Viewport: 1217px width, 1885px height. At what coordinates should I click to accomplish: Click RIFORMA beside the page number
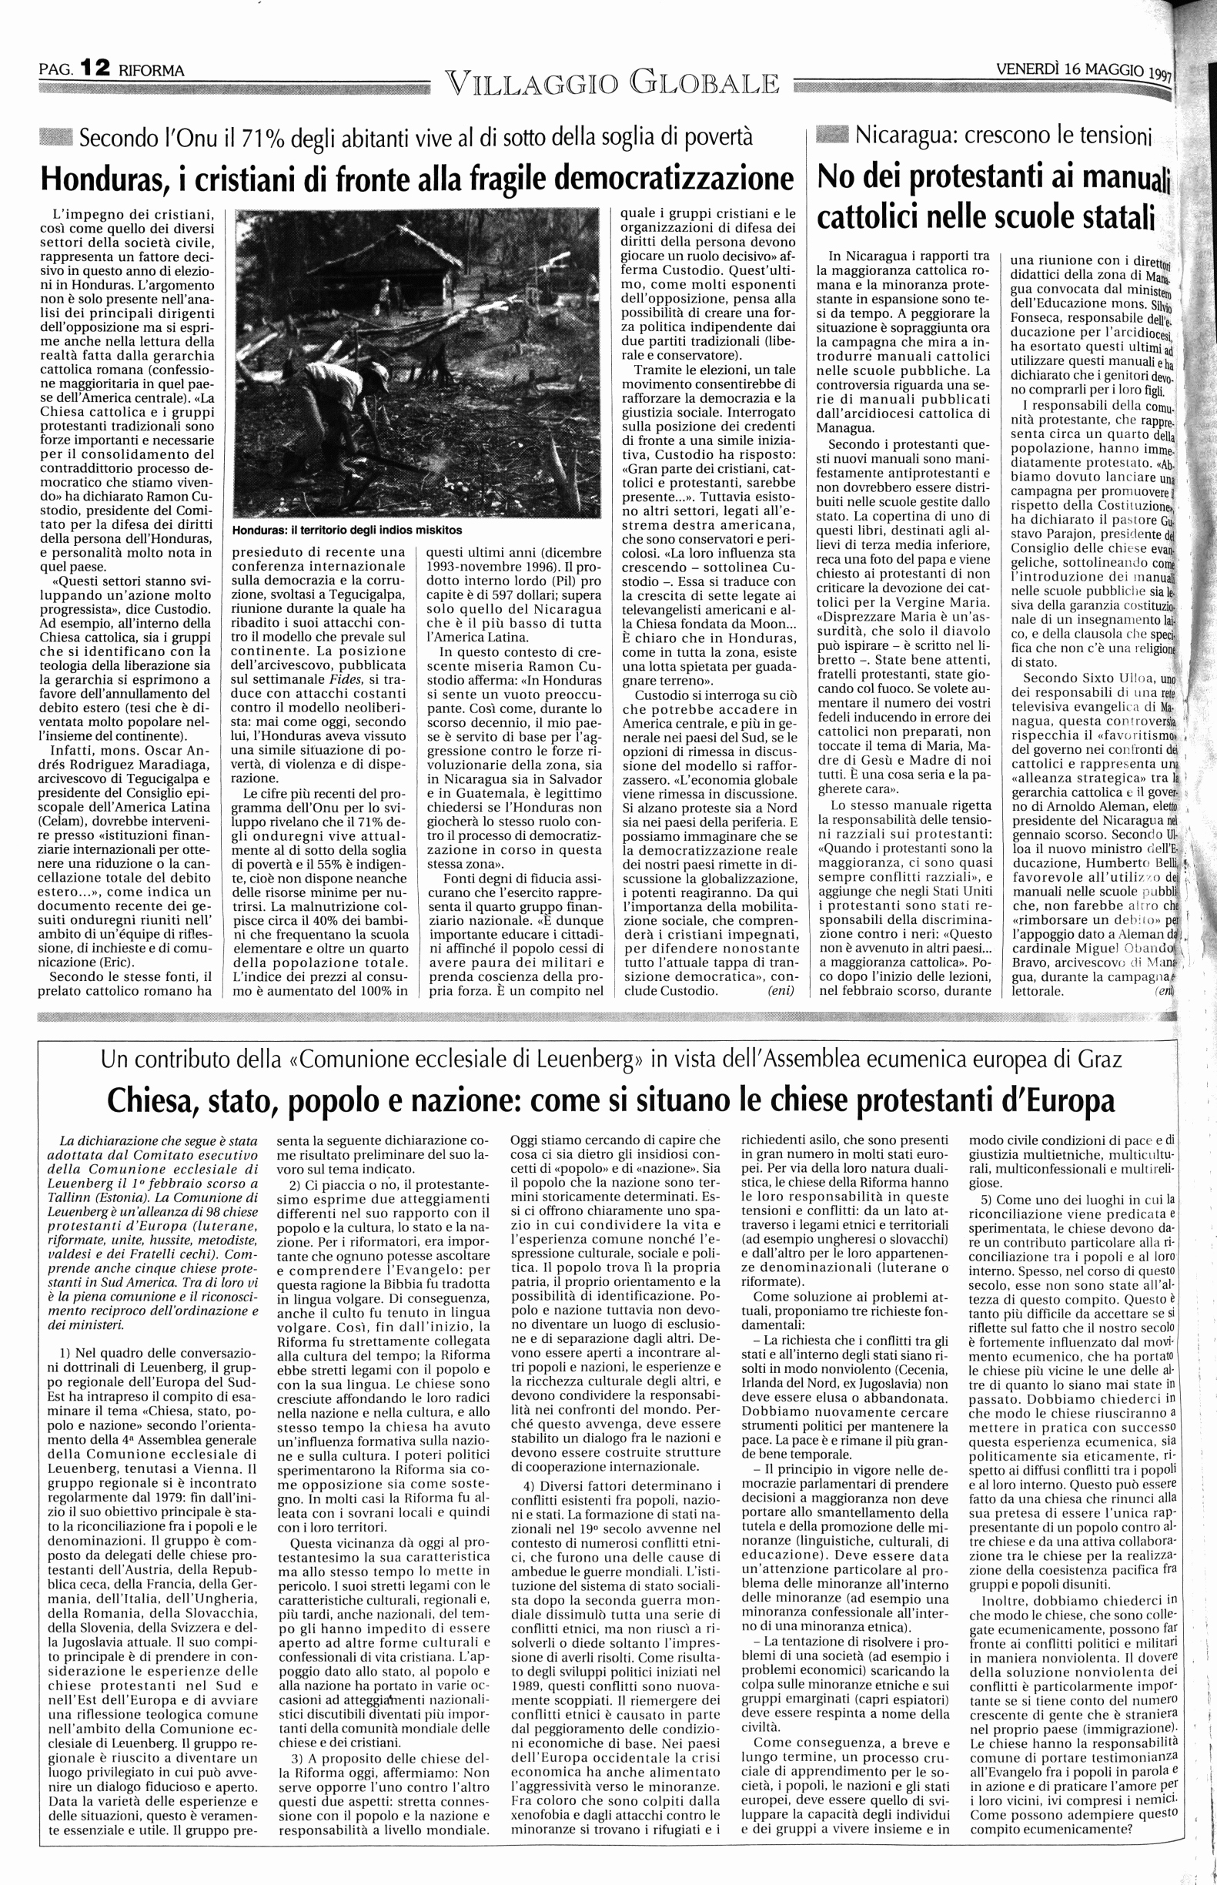[151, 70]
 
